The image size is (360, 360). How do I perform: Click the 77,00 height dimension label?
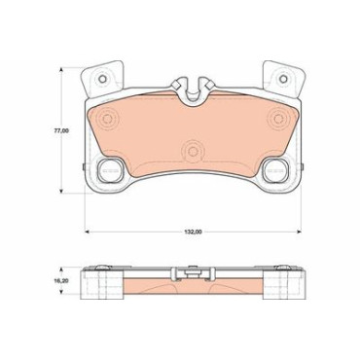point(61,130)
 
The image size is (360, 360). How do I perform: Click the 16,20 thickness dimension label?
point(61,281)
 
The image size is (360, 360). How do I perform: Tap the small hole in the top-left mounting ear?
point(102,79)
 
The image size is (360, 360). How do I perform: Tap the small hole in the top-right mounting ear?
point(283,79)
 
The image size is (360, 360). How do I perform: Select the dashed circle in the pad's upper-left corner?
point(107,119)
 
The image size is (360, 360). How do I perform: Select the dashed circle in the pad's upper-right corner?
point(278,119)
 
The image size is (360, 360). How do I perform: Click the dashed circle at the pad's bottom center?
point(193,151)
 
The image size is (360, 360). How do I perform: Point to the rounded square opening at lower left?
point(110,170)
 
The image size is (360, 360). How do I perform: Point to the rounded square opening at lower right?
point(275,170)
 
